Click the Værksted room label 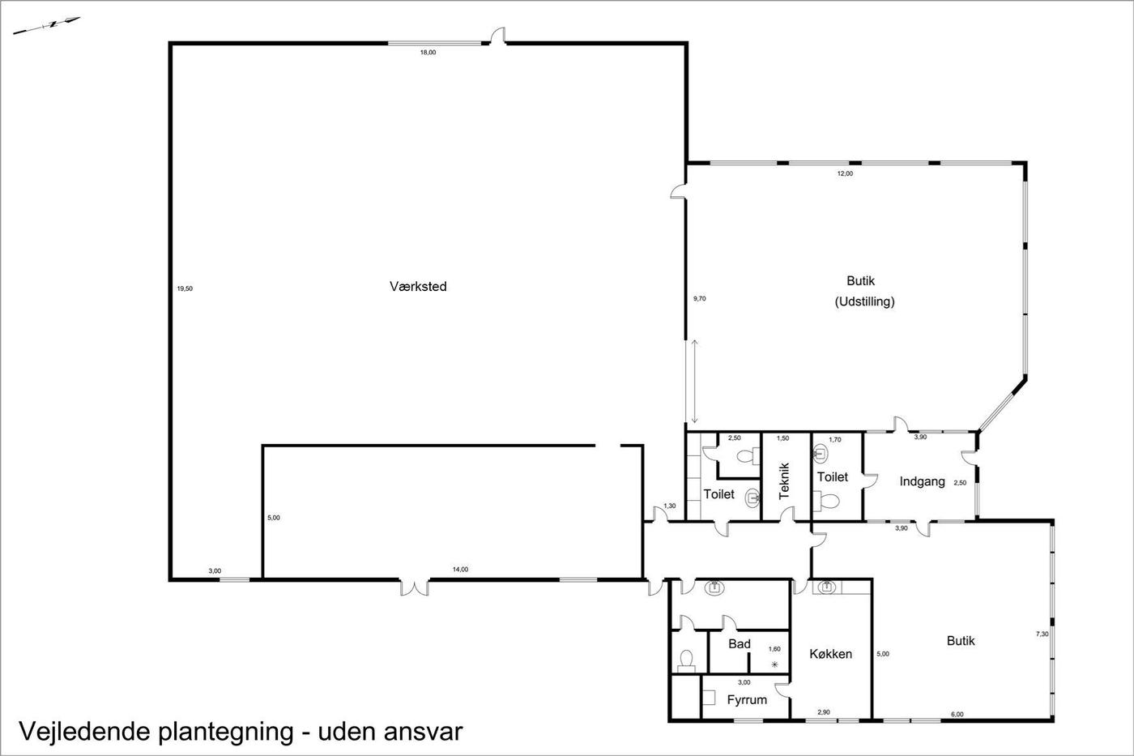coord(418,287)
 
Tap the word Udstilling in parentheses coord(865,301)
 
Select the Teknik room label coord(784,481)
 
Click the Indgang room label coord(922,481)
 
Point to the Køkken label coord(831,654)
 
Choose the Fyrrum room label coord(747,700)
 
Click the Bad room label coord(739,644)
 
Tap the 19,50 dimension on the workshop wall coord(185,288)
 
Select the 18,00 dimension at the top coord(428,52)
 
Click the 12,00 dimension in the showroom coord(845,173)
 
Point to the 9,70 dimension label coord(699,299)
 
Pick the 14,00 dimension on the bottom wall coord(460,569)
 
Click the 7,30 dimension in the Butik coord(1042,634)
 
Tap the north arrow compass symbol coord(47,25)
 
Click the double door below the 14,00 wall coord(415,587)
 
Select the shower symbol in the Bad coord(774,665)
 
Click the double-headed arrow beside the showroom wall coord(695,382)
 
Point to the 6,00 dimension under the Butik coord(957,714)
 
